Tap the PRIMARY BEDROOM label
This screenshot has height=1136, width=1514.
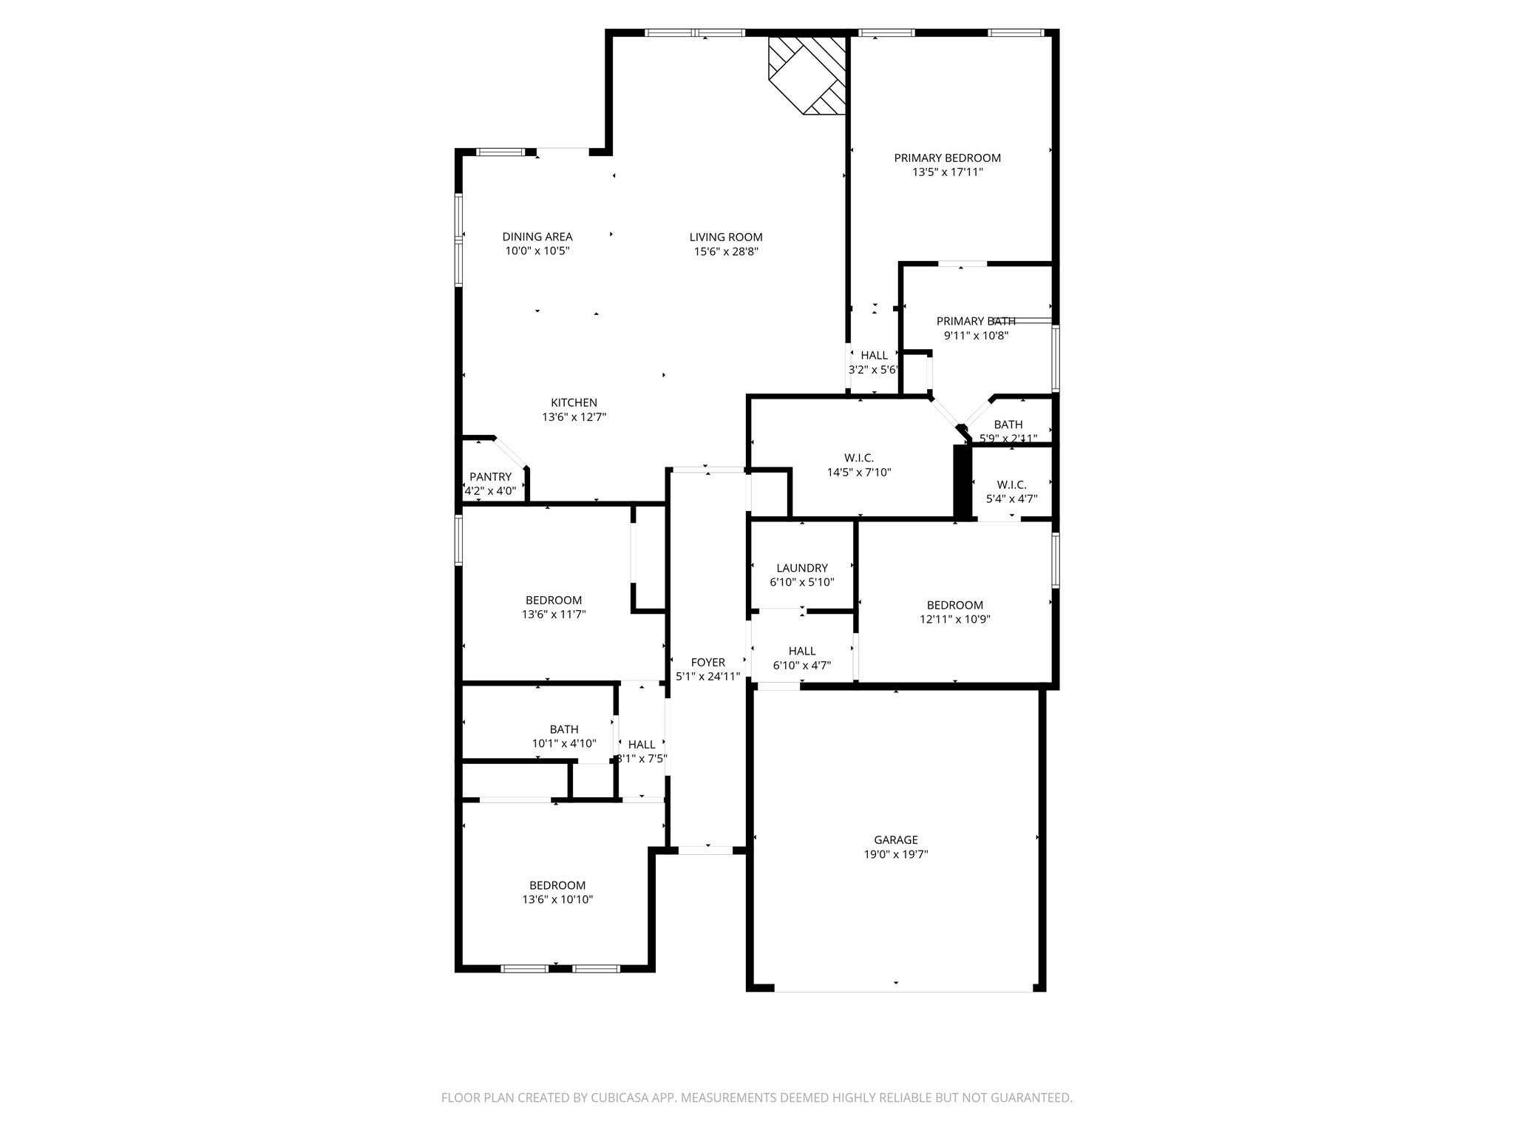click(947, 158)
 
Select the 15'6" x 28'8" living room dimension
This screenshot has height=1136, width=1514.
click(725, 251)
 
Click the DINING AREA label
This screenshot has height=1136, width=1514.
click(537, 237)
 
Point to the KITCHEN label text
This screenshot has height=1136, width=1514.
click(574, 402)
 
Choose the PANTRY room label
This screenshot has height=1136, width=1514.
click(489, 476)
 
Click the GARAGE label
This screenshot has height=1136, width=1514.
click(895, 839)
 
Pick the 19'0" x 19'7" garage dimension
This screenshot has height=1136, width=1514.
click(895, 854)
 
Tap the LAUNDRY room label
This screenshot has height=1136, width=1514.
click(801, 568)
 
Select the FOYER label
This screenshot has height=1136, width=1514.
click(707, 662)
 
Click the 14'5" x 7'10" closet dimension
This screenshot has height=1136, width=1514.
click(858, 472)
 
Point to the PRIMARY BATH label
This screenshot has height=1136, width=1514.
click(975, 321)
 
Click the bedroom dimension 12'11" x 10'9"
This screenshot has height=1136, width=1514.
click(954, 619)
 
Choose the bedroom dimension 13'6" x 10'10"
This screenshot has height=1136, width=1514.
click(557, 899)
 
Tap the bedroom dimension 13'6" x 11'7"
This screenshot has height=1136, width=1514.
click(553, 614)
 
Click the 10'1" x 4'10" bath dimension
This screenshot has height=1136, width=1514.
click(563, 743)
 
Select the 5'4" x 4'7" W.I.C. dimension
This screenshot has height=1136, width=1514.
click(1011, 498)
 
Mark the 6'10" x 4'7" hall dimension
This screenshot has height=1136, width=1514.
click(801, 665)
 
